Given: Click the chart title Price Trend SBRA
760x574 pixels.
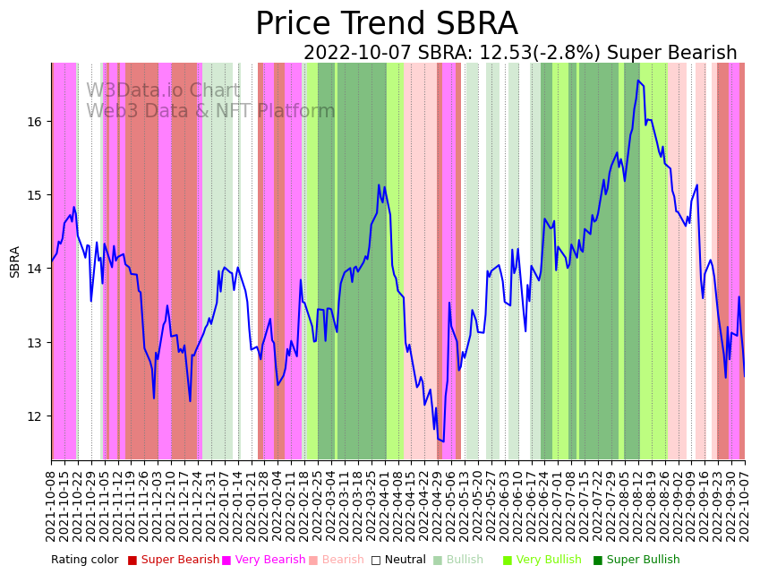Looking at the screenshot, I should tap(386, 24).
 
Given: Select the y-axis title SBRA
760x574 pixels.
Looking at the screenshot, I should tap(15, 261).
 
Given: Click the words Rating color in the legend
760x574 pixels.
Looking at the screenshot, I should tap(84, 561).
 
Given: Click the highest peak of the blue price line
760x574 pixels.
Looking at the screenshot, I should tap(638, 81).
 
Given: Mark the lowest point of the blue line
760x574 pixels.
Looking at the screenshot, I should tap(443, 441).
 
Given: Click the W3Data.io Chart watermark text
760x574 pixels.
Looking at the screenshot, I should tap(163, 91).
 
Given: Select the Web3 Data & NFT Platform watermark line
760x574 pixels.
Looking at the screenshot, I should tap(210, 111).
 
